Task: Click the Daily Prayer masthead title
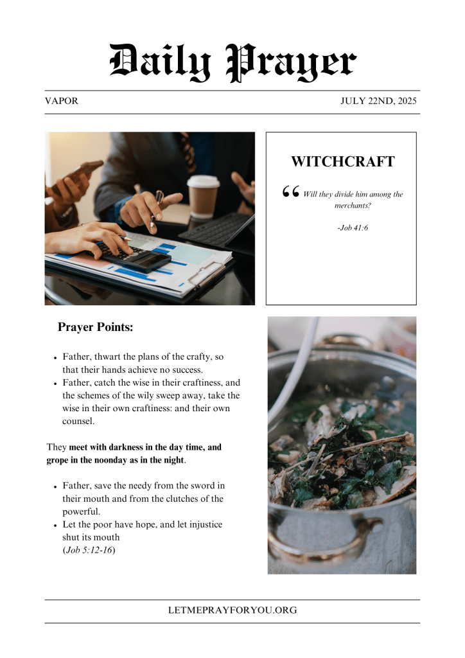pos(232,62)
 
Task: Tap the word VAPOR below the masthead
pos(62,102)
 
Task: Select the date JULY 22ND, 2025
pos(379,102)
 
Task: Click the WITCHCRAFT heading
pos(342,161)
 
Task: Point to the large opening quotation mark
pos(291,191)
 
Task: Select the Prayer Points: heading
pos(95,327)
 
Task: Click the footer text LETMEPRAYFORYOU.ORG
pos(232,610)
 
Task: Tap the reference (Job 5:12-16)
pos(89,550)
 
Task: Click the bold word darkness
pos(126,447)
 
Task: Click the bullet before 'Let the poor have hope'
pos(56,526)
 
